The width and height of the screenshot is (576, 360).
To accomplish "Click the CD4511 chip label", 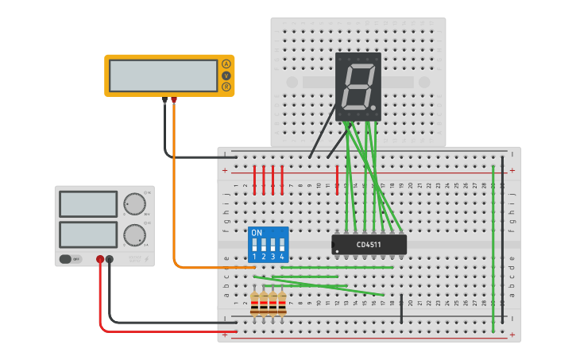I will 369,245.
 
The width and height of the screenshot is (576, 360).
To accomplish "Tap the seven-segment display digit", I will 358,87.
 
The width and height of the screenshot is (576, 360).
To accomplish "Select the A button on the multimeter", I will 226,64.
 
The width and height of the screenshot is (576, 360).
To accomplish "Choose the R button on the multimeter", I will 226,86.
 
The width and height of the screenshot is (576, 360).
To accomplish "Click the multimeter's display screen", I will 163,75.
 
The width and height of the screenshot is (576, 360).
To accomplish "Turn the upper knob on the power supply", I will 135,204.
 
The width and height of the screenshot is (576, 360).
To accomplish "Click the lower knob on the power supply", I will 135,234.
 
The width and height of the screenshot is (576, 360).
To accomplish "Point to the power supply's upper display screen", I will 88,204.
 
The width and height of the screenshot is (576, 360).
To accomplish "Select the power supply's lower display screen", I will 88,234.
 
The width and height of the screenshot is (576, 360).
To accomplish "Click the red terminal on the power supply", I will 100,259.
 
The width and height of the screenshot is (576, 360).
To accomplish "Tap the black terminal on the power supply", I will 110,259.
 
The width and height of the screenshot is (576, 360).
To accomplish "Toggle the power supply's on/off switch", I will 72,259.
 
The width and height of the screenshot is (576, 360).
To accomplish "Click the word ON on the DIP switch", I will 256,233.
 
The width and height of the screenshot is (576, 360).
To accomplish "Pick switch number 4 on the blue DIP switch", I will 281,246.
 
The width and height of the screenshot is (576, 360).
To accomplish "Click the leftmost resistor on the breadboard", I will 254,303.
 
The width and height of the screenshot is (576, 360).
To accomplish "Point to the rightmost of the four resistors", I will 282,303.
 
